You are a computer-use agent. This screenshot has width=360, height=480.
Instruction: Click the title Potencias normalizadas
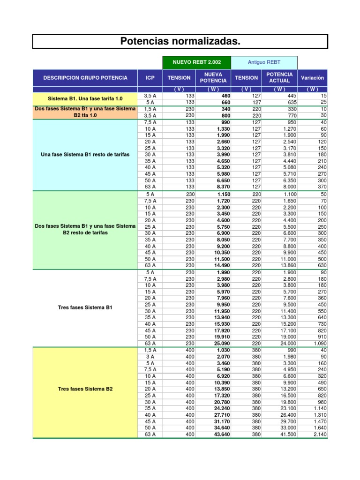[x=180, y=42]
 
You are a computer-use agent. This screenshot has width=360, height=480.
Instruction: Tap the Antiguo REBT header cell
[x=264, y=62]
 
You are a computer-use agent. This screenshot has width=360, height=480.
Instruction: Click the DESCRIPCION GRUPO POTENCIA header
[x=85, y=78]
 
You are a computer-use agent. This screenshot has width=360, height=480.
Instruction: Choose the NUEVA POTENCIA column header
[x=213, y=78]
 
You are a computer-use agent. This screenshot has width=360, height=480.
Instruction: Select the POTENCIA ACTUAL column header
[x=279, y=78]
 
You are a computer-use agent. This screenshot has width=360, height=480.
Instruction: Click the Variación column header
[x=312, y=78]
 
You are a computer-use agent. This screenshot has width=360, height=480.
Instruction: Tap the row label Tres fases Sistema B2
[x=85, y=389]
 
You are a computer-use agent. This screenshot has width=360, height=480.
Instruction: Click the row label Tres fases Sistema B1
[x=85, y=307]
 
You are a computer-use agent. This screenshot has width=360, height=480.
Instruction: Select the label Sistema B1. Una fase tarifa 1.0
[x=85, y=99]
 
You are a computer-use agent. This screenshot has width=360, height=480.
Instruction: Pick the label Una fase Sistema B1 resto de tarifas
[x=85, y=155]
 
